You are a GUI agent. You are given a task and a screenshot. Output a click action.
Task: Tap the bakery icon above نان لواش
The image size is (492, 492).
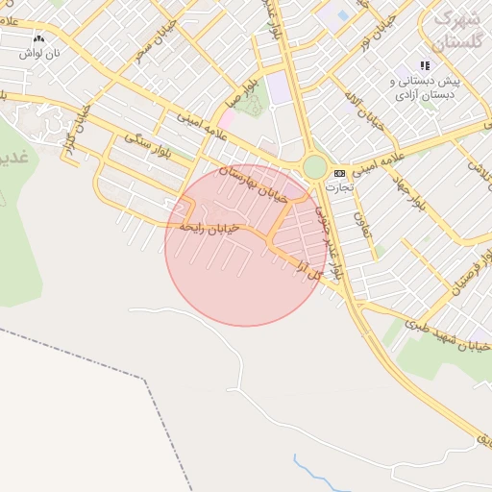point(38,39)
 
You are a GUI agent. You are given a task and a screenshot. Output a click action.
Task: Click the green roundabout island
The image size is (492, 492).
point(314,167)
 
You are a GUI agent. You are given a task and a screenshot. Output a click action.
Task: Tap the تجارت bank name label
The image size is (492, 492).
point(340,187)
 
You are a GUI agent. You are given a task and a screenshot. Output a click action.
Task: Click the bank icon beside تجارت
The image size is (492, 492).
point(339,173)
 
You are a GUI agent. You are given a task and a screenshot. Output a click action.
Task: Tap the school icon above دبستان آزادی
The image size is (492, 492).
point(425,65)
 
